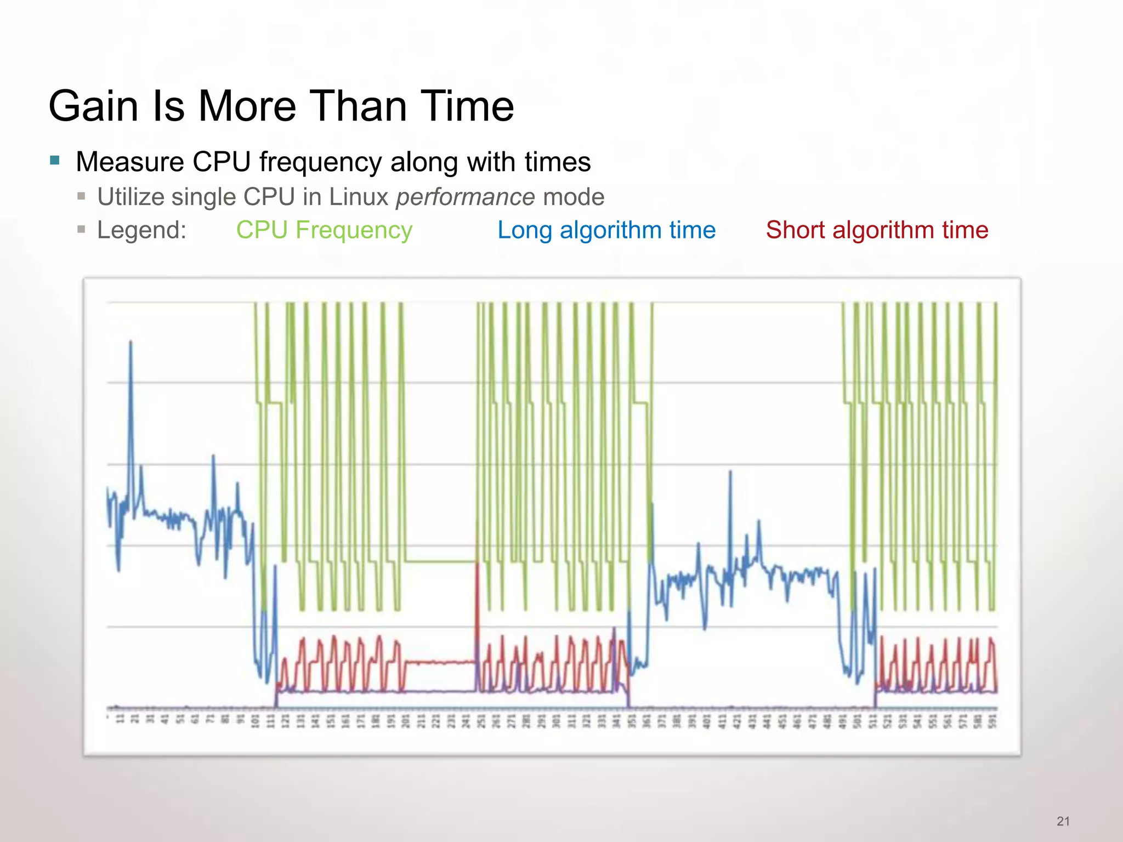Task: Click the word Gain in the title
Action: (x=93, y=106)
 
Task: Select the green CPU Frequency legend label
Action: (x=324, y=230)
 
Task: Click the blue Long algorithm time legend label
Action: (x=606, y=230)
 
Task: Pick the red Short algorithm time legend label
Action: (x=877, y=230)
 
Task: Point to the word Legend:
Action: (x=141, y=230)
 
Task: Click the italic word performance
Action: (x=465, y=197)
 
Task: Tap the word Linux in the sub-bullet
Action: (x=359, y=197)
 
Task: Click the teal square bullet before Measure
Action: (x=54, y=161)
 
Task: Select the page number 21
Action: (x=1063, y=821)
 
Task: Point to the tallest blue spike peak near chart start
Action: (x=131, y=343)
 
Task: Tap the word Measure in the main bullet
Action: (x=129, y=162)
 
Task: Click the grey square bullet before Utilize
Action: (x=81, y=196)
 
